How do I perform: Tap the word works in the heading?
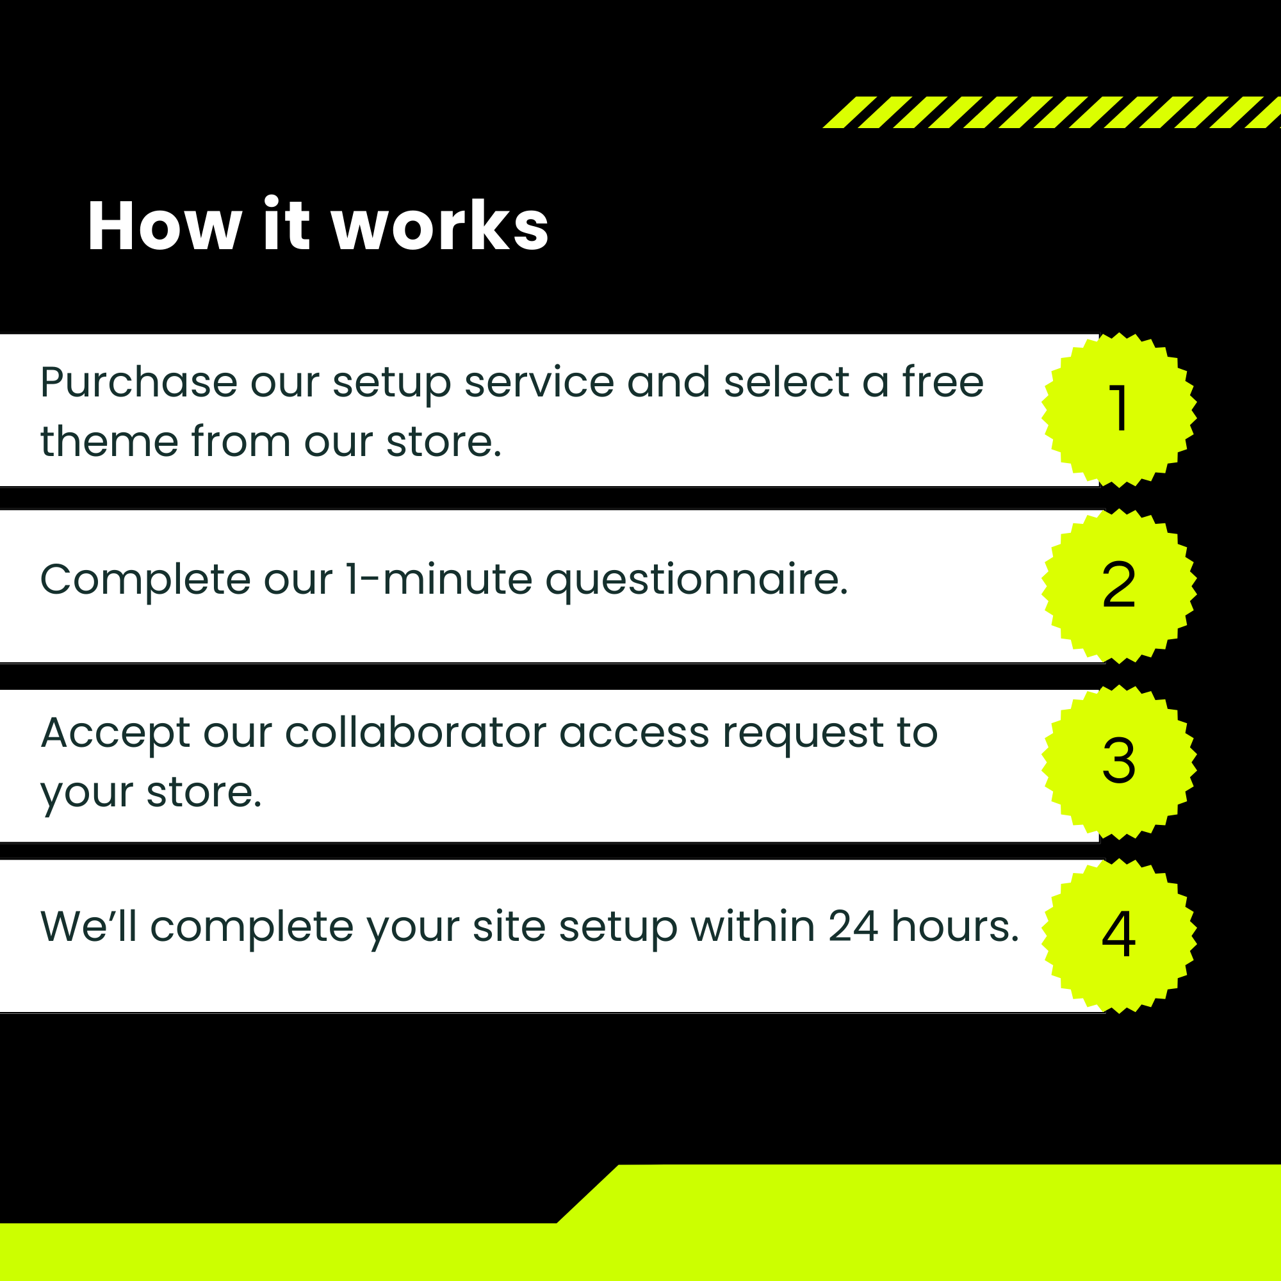[x=440, y=225]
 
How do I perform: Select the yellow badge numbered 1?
[x=1119, y=410]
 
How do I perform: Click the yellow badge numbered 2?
[x=1119, y=586]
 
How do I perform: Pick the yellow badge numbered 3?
[x=1119, y=762]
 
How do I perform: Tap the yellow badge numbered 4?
[x=1119, y=936]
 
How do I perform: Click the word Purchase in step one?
[x=138, y=382]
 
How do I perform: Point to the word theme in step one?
[x=110, y=441]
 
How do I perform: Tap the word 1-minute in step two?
[x=438, y=579]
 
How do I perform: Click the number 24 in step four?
[x=853, y=926]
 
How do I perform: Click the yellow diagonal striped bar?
[x=1052, y=112]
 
